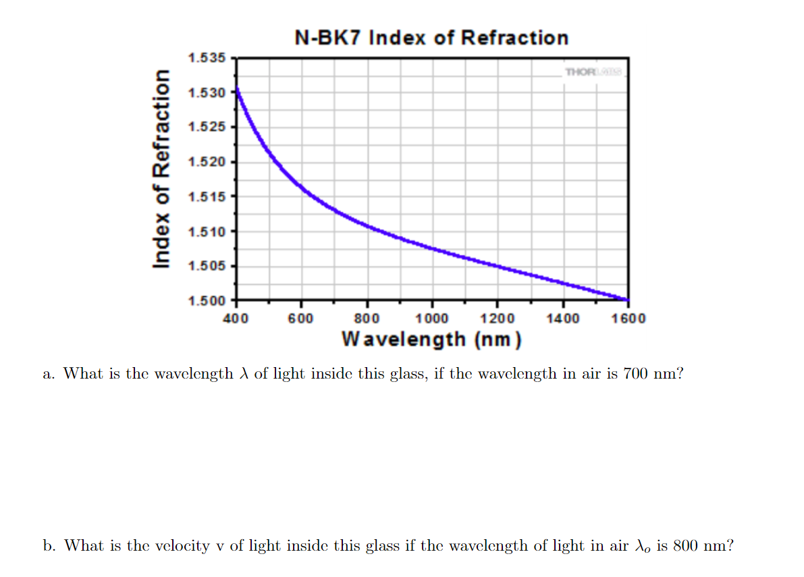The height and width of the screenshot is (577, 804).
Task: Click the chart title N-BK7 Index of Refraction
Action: click(432, 37)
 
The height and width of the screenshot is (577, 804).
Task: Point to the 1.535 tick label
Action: click(207, 58)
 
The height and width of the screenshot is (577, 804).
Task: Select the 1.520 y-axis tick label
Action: click(207, 161)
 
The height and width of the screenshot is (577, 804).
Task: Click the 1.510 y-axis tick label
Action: click(207, 231)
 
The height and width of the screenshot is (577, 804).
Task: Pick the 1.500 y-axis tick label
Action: click(207, 300)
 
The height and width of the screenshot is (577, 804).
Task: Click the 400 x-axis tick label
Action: click(236, 318)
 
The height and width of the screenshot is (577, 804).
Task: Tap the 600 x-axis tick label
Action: click(301, 318)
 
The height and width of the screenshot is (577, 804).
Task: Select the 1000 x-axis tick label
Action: click(432, 318)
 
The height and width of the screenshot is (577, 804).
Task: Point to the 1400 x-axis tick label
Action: click(563, 318)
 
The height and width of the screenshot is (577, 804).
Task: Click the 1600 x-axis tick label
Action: click(628, 318)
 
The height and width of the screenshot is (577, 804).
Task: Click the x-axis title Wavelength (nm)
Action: click(432, 338)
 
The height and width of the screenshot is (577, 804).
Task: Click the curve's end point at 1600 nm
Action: click(628, 300)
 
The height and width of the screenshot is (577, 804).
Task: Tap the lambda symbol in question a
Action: click(244, 373)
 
